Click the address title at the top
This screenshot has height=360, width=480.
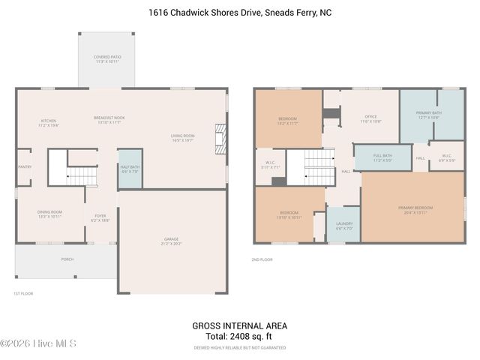point(240,13)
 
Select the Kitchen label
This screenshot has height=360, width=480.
point(48,123)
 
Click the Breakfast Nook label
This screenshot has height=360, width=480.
point(109,120)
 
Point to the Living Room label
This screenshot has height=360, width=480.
point(182,137)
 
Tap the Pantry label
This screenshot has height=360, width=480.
point(24,167)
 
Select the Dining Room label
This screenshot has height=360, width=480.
point(49,214)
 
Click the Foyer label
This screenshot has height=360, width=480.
point(100,217)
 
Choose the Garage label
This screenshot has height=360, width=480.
point(172,242)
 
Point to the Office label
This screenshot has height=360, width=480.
point(370,118)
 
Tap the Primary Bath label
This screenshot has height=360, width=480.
point(428,115)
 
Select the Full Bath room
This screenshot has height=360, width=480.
point(382,157)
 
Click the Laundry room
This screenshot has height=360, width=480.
point(344,225)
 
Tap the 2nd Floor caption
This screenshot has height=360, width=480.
point(262,259)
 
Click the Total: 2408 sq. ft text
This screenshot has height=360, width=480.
point(240,337)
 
